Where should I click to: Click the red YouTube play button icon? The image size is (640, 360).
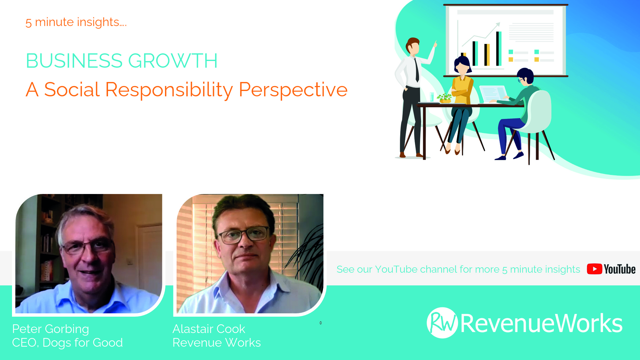(594, 269)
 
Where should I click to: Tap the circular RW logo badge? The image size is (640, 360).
(442, 323)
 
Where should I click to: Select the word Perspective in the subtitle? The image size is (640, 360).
(293, 90)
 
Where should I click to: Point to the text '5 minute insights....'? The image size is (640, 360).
(76, 22)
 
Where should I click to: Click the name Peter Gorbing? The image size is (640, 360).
(51, 329)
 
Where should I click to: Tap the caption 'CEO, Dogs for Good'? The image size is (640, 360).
(67, 343)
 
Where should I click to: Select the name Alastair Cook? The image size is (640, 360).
(209, 329)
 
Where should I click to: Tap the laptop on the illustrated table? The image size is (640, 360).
(494, 94)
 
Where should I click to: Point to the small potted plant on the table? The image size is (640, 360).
(444, 98)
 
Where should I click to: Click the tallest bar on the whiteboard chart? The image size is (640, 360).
(499, 49)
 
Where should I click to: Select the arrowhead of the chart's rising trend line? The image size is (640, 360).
(498, 24)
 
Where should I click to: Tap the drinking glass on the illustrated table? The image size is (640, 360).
(432, 97)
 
